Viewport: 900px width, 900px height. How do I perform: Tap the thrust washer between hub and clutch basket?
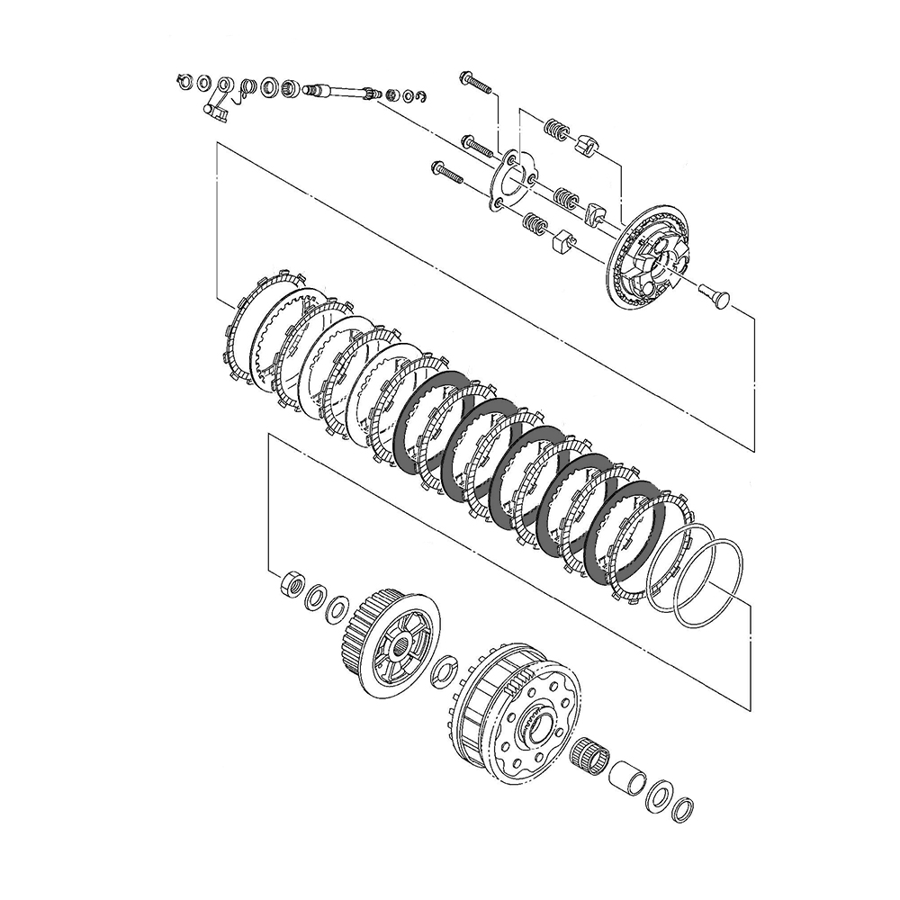[x=445, y=670]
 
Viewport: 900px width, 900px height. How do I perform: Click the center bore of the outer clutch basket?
[x=541, y=726]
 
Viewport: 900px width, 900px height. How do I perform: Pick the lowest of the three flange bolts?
[x=446, y=170]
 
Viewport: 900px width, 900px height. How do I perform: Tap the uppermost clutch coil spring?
[x=558, y=132]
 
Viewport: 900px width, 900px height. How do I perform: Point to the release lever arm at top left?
[x=212, y=108]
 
